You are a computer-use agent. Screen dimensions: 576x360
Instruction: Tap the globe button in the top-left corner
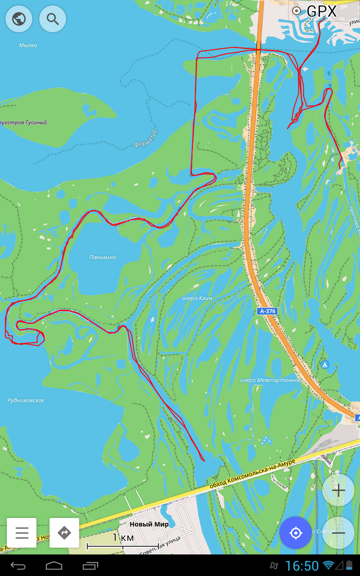[19, 19]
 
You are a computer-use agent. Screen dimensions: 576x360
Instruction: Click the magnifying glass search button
[52, 19]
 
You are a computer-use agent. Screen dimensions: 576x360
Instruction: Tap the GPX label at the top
[321, 11]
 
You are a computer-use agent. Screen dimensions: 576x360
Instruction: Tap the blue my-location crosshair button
[295, 532]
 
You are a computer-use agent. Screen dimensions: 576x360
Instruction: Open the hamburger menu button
[22, 532]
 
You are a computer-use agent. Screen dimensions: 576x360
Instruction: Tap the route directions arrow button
[64, 532]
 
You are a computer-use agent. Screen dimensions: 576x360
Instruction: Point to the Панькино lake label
[102, 257]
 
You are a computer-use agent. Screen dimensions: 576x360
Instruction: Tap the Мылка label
[28, 45]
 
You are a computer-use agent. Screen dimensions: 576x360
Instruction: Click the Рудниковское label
[26, 400]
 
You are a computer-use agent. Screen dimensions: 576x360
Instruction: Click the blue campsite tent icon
[325, 365]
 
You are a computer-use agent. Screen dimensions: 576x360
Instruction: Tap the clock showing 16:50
[302, 566]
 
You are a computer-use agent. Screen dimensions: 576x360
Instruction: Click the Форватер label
[146, 139]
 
